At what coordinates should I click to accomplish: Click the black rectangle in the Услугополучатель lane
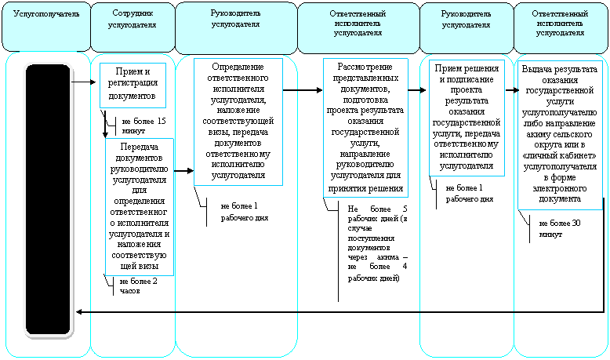point(49,199)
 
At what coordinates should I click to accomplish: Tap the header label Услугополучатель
point(46,14)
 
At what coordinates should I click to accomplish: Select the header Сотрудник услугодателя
point(133,19)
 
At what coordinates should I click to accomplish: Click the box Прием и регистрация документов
point(133,85)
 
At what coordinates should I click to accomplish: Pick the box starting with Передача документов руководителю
point(140,206)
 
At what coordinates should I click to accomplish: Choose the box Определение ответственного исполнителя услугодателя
point(238,122)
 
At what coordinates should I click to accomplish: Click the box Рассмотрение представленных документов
point(365,128)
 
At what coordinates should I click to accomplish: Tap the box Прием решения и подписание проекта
point(467,118)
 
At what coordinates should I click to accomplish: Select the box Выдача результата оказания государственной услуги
point(560,135)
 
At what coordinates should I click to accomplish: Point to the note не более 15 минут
point(143,126)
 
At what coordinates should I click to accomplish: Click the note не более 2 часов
point(138,286)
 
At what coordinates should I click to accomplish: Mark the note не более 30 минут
point(559,229)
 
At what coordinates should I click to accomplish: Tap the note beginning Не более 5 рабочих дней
point(377,243)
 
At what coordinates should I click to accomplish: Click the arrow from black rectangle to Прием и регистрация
point(84,82)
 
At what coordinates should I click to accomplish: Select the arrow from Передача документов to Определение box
point(183,170)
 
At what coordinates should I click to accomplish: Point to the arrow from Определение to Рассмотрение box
point(303,90)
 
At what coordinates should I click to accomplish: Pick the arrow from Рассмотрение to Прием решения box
point(417,90)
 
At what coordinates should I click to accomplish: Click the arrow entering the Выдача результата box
point(512,90)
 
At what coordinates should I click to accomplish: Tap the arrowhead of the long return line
point(78,311)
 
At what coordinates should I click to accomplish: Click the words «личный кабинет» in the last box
point(560,155)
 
